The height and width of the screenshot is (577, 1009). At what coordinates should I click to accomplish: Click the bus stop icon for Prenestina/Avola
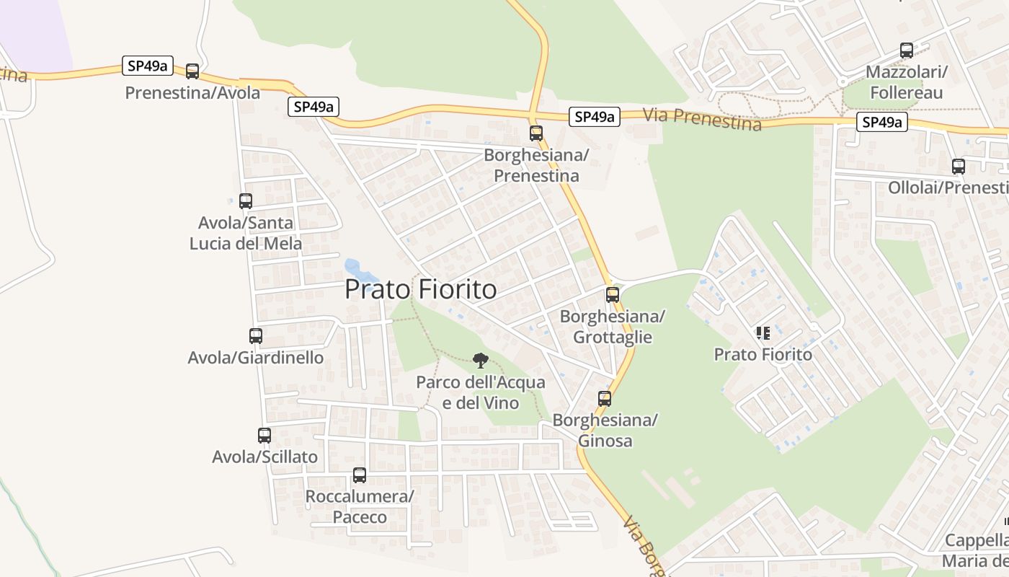click(x=192, y=71)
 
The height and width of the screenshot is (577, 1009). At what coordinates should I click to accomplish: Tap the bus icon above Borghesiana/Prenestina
click(x=535, y=133)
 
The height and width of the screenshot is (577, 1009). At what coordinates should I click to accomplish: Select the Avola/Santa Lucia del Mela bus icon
click(x=246, y=201)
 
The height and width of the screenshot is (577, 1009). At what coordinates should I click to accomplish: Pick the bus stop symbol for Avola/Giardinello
click(x=256, y=335)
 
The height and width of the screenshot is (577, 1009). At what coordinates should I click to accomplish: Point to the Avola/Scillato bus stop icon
click(x=265, y=435)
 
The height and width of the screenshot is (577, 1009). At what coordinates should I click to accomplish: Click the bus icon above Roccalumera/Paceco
click(x=360, y=475)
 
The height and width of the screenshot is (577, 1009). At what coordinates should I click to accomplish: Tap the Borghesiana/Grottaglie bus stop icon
click(x=612, y=294)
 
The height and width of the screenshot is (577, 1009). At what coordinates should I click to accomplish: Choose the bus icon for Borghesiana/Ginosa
click(x=605, y=398)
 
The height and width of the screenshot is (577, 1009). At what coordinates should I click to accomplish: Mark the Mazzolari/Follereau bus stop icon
click(x=907, y=50)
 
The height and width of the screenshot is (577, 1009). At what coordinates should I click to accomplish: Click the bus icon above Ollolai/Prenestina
click(x=959, y=167)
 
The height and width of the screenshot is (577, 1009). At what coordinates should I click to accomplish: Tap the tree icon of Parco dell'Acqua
click(x=480, y=360)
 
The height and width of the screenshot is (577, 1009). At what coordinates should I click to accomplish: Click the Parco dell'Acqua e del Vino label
click(x=481, y=392)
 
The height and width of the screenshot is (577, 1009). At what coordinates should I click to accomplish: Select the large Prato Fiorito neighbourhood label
click(x=421, y=289)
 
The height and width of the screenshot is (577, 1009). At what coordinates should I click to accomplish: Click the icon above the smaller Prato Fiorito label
click(x=763, y=332)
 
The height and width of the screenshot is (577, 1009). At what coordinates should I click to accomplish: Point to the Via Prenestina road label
click(x=701, y=119)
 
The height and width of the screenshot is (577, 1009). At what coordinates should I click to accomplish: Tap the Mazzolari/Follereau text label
click(x=906, y=82)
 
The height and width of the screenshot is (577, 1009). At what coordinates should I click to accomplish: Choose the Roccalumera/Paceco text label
click(x=360, y=506)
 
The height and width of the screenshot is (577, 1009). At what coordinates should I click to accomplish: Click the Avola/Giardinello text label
click(x=256, y=358)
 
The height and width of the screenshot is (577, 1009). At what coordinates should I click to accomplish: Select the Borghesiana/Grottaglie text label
click(x=612, y=327)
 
